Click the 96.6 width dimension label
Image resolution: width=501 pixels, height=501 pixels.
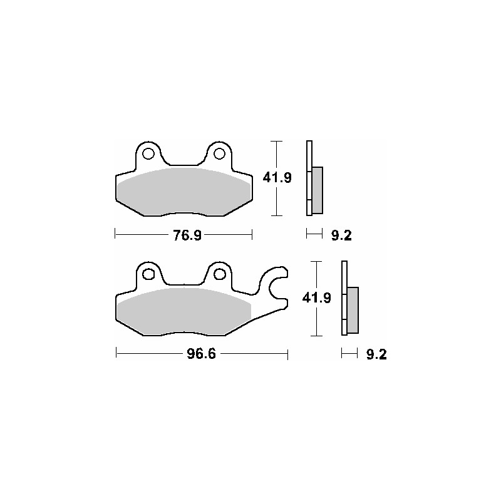point(200,355)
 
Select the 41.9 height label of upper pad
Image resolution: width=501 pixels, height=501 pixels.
point(277,178)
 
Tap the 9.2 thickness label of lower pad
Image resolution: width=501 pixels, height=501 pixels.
point(376,355)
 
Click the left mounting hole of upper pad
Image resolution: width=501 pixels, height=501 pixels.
point(148,153)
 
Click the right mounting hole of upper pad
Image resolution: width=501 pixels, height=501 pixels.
point(219,153)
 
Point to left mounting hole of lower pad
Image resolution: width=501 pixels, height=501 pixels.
point(148,274)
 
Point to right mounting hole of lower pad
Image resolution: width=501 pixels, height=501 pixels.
point(219,274)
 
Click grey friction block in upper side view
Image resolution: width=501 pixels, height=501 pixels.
point(318,190)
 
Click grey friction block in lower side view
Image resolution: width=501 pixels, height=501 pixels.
point(353,309)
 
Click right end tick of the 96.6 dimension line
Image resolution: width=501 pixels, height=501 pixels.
point(287,355)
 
